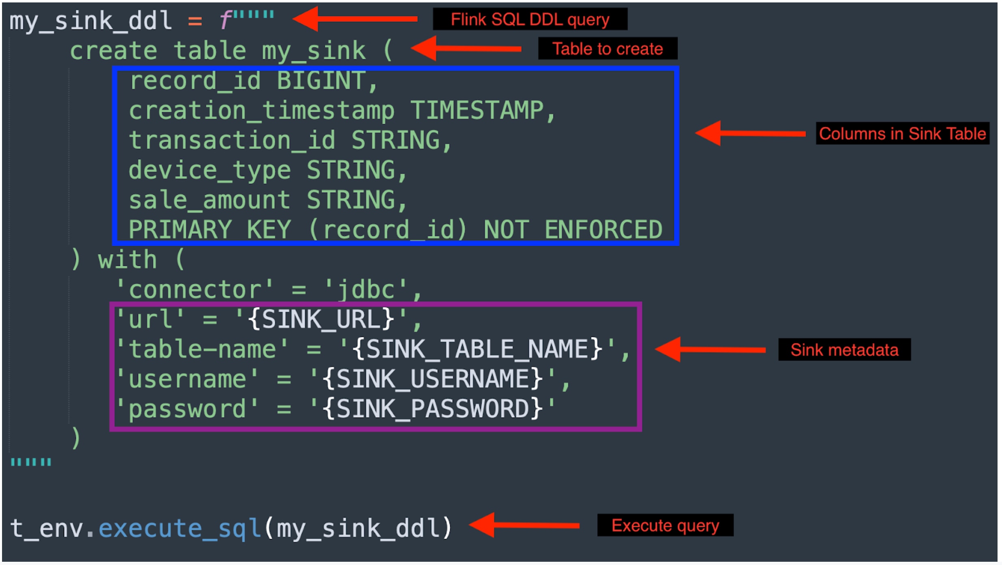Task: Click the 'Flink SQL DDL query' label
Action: [530, 19]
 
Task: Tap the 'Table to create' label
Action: [607, 49]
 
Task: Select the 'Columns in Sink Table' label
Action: [902, 134]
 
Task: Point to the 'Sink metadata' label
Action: [844, 349]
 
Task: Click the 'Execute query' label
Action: [665, 525]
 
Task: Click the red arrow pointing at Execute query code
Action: [524, 525]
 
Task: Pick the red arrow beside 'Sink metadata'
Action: [710, 349]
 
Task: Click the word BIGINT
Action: [321, 81]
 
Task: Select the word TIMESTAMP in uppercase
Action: [477, 110]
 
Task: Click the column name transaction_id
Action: [232, 140]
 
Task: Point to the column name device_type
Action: [209, 170]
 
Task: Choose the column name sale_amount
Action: [209, 200]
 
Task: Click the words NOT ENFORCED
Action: [572, 230]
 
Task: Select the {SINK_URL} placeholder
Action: [321, 319]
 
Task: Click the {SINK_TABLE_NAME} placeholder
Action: [477, 349]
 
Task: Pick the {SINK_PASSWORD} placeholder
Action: [432, 409]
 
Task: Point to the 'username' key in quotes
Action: [187, 379]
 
